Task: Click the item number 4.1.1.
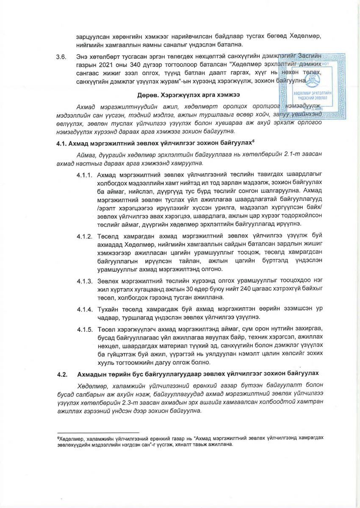point(84,175)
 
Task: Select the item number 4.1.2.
point(84,236)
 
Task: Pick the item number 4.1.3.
point(84,282)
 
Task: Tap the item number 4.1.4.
point(84,309)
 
